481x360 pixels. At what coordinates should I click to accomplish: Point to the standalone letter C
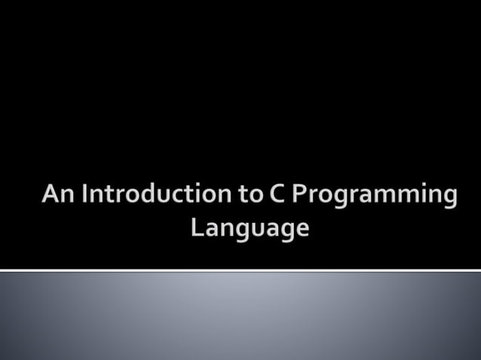tap(275, 194)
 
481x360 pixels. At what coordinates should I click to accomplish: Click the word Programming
tap(374, 196)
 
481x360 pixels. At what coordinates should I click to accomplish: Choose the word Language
tap(250, 227)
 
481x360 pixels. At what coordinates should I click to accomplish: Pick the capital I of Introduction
tap(85, 194)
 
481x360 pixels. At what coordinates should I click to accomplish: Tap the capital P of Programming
tap(299, 194)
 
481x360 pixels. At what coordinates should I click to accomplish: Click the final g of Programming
tap(449, 198)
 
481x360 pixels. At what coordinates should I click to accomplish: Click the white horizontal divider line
tap(240, 270)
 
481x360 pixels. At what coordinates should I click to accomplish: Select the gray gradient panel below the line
tap(240, 316)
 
